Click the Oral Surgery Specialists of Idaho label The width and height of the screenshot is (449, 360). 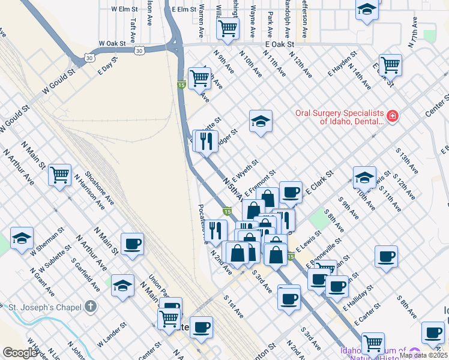tap(339, 117)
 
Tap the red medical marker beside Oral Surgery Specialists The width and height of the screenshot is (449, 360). tap(393, 115)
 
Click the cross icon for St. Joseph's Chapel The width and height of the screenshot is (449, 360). tap(90, 307)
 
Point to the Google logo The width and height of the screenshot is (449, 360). tap(20, 353)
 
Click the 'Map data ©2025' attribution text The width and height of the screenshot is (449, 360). tap(424, 355)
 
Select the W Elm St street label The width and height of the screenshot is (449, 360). tap(125, 9)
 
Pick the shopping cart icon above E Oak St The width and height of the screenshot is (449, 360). tap(228, 28)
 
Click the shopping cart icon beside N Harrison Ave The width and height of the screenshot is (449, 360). tap(59, 175)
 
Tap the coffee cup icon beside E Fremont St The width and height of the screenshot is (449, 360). tap(291, 192)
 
